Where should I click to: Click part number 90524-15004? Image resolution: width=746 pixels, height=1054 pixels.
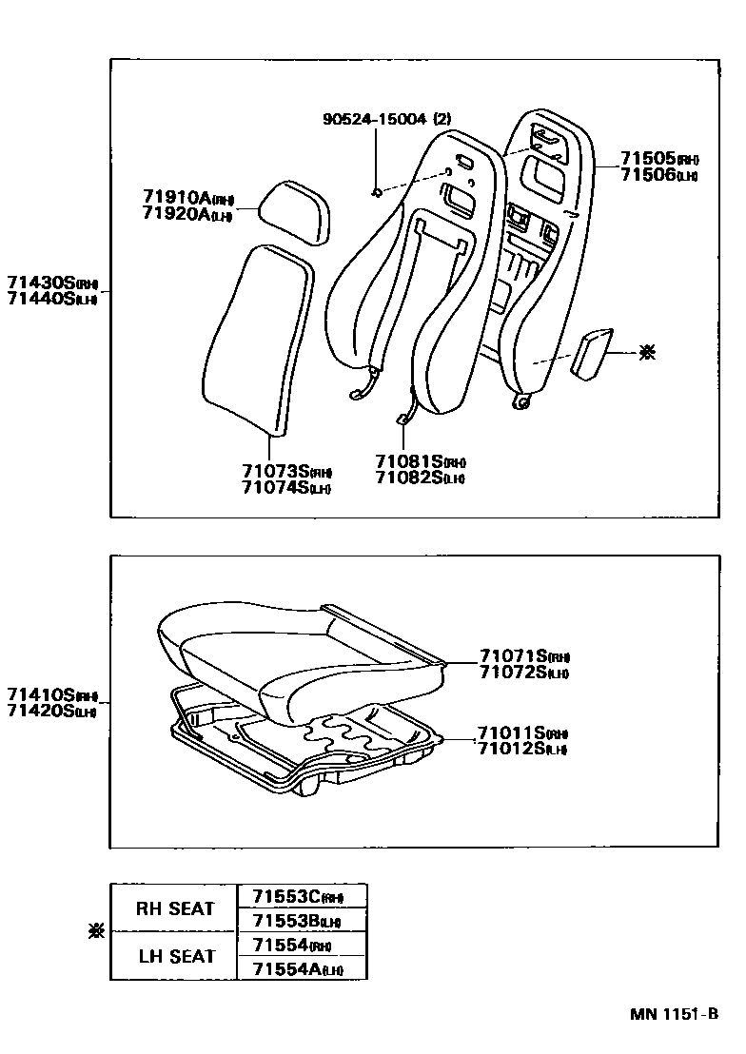pos(376,120)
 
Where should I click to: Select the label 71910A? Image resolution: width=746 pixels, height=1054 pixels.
pos(176,197)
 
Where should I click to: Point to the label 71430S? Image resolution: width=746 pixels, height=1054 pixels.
pos(40,283)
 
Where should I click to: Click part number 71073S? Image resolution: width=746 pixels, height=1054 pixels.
pos(274,471)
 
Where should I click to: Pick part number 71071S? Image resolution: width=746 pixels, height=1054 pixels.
pos(512,655)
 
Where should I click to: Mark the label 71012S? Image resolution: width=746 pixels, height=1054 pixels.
pos(510,749)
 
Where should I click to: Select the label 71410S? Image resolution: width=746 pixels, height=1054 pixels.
pos(40,693)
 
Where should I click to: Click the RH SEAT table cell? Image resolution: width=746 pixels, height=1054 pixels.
pos(174,908)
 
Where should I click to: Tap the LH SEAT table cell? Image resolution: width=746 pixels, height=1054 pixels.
pos(174,956)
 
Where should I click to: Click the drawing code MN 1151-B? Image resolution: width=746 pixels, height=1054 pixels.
pos(673,1014)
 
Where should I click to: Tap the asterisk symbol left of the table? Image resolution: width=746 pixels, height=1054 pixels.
pos(94,932)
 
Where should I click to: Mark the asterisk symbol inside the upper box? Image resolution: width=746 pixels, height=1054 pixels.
pos(647,353)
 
